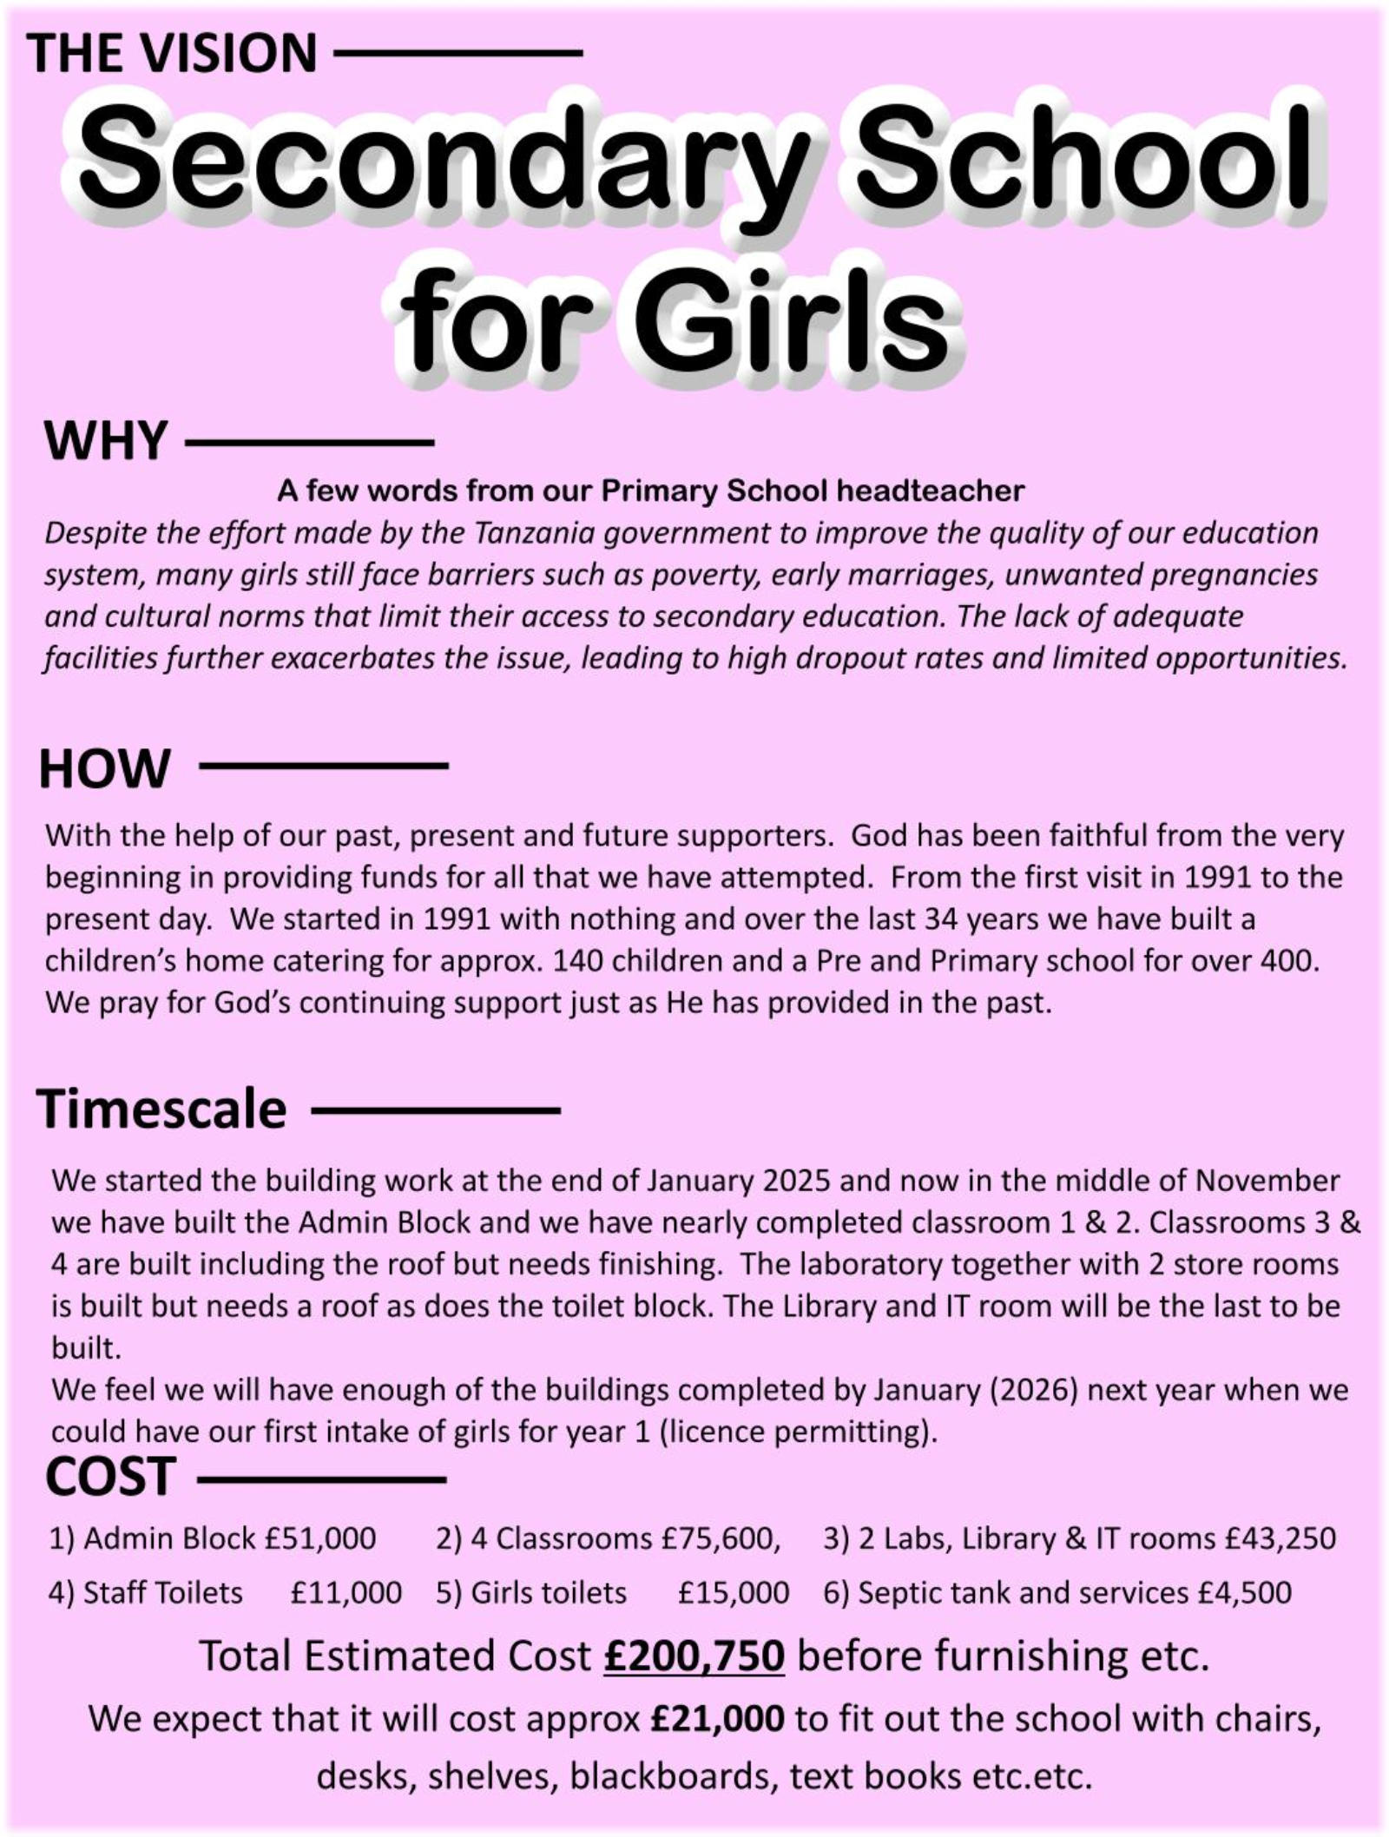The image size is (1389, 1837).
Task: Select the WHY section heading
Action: (x=105, y=441)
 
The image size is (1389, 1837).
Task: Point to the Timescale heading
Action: (x=161, y=1109)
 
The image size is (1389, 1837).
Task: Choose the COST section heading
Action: (x=110, y=1478)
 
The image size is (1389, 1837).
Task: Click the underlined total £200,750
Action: (x=694, y=1656)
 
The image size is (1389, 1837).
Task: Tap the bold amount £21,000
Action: (x=717, y=1718)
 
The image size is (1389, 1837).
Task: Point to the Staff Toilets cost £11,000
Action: (x=346, y=1593)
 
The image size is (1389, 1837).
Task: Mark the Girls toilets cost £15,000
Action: (x=734, y=1593)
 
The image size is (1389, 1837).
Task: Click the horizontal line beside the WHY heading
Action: (x=309, y=444)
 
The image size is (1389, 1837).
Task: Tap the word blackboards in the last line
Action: (x=670, y=1776)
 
